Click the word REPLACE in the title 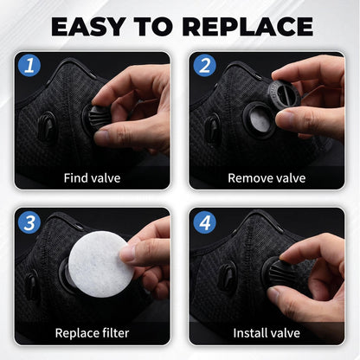[247, 27]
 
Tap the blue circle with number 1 [29, 65]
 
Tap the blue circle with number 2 [204, 65]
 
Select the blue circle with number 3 [29, 222]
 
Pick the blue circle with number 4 [204, 222]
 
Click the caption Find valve [92, 178]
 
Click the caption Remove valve [267, 178]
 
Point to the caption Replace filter [92, 333]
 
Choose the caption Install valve [267, 333]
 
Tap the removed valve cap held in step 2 [283, 93]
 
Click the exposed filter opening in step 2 [260, 120]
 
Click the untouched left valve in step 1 [47, 127]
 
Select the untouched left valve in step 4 [227, 279]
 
